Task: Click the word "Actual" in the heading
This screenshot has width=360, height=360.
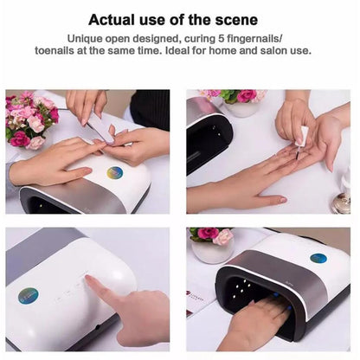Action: coord(112,20)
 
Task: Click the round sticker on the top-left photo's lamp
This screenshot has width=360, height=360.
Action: coord(114,173)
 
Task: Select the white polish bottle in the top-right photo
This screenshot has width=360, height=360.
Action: coord(302,135)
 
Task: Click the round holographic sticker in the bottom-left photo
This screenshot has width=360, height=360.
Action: coord(28,296)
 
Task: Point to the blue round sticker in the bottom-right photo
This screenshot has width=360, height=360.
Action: coord(318,258)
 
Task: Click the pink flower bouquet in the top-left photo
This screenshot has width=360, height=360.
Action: coord(30,119)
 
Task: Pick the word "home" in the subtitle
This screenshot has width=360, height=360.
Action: coord(223,50)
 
